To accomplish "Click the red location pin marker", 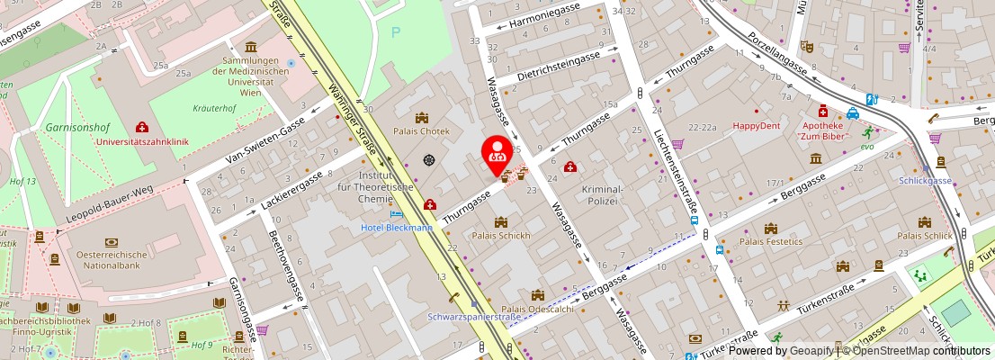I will [496, 152].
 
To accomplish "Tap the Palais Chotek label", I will [421, 130].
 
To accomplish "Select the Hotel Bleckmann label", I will [397, 228].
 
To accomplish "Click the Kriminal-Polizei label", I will [602, 195].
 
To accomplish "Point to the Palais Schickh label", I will [501, 236].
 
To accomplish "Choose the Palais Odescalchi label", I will [537, 309].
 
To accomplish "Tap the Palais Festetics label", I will [770, 241].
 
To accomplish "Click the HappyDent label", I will [756, 126].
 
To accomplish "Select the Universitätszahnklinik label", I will [141, 141].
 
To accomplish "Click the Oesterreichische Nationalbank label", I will [112, 258].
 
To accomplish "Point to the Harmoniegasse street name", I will [544, 15].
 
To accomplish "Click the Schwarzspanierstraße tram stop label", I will [473, 317].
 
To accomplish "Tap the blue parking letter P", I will [395, 32].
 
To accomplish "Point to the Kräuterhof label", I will [214, 108].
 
